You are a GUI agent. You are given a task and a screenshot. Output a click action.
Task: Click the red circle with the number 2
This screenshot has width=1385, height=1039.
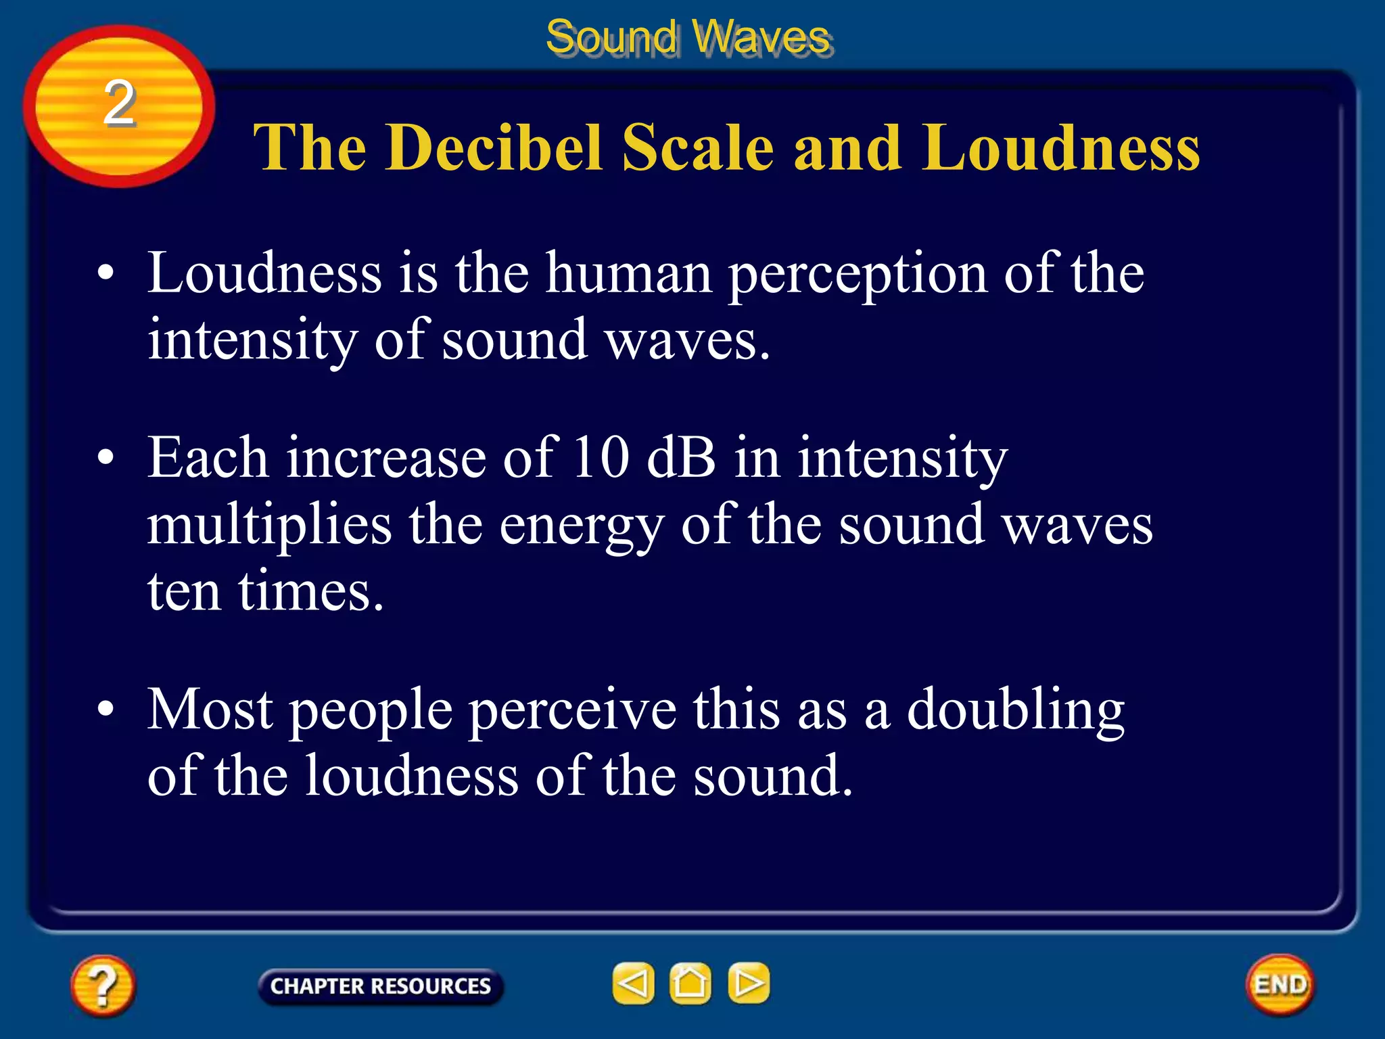119,106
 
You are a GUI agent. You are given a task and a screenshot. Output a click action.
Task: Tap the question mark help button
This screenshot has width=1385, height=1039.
103,985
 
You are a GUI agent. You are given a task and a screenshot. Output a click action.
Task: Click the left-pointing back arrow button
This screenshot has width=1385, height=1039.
633,983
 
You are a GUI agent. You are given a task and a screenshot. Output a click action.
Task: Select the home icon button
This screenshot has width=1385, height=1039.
690,983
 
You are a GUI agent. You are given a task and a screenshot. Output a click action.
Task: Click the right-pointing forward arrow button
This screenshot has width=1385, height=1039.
748,983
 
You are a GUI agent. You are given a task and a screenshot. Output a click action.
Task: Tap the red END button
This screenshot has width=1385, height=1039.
1280,984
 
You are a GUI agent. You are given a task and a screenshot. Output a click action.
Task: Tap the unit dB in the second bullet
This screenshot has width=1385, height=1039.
681,458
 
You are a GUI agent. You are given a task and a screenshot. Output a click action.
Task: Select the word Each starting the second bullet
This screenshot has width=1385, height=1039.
208,458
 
